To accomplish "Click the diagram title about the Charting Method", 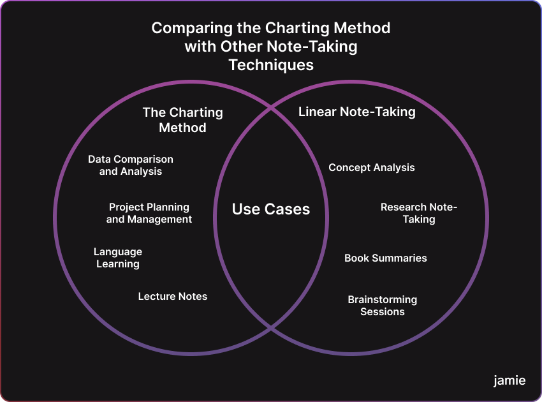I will pos(271,47).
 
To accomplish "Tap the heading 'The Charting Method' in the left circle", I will pos(182,120).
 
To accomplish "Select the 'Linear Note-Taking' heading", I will pos(357,112).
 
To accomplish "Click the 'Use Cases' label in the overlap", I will pos(271,209).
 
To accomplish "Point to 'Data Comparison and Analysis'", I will pos(131,165).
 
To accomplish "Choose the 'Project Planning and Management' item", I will pos(149,213).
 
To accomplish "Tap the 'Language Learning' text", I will pos(118,258).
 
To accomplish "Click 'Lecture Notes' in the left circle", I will pos(173,296).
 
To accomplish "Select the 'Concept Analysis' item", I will pos(372,168).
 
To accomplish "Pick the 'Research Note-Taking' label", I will pos(419,213).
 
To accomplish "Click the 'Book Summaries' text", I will pos(386,258).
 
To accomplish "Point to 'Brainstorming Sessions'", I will pos(383,306).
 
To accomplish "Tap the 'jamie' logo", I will pos(509,380).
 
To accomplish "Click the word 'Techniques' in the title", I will pos(271,65).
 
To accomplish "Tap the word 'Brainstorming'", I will pos(383,299).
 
